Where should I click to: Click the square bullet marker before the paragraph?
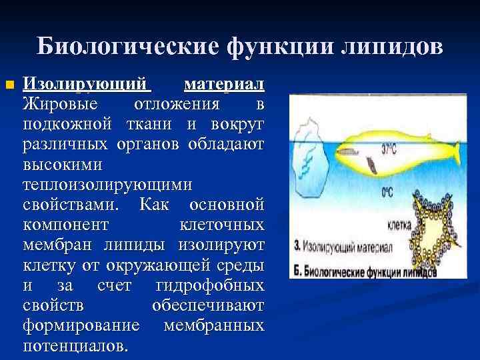coord(9,85)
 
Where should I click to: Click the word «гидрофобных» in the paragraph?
coord(209,287)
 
